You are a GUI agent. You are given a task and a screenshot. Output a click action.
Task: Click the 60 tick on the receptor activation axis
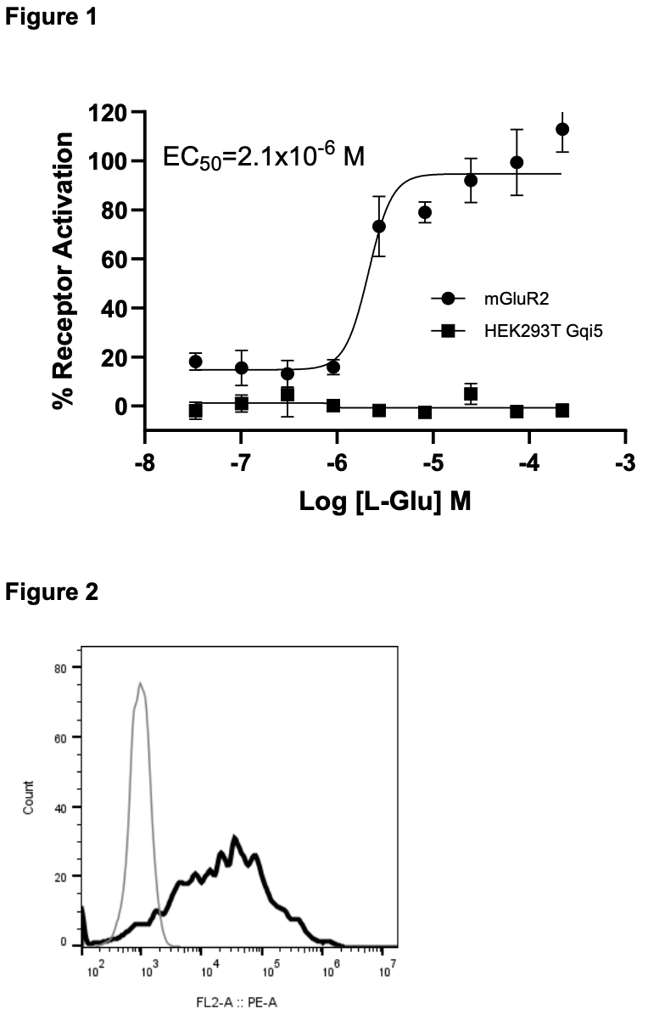click(x=117, y=259)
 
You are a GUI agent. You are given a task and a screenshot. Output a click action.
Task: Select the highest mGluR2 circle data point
click(x=561, y=129)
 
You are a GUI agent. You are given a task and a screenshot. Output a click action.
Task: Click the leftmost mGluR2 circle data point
click(x=196, y=362)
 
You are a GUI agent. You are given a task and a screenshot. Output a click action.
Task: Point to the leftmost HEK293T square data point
click(x=196, y=411)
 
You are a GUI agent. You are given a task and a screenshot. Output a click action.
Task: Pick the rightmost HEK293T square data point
click(x=561, y=410)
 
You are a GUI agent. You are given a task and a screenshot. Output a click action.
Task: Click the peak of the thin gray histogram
click(x=140, y=683)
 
